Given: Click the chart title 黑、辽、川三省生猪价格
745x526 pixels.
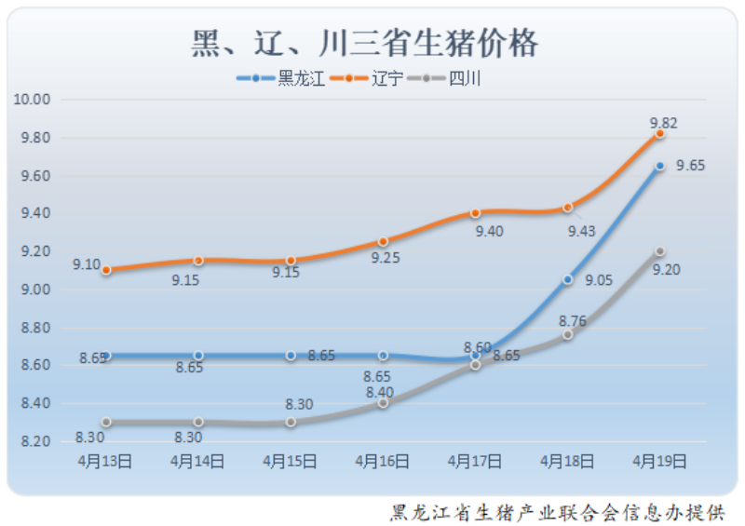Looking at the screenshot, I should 365,42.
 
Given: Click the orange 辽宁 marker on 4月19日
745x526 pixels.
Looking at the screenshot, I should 660,134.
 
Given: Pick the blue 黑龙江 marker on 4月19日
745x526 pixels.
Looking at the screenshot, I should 660,166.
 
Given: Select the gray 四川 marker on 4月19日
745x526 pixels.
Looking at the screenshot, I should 660,251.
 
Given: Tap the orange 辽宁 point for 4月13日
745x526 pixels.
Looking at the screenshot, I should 106,270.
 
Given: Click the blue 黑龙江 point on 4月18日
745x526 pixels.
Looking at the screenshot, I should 567,279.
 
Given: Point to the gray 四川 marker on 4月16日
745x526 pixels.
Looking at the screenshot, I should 383,403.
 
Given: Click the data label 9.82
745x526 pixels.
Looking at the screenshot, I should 663,122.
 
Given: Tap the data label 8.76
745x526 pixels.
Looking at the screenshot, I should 572,321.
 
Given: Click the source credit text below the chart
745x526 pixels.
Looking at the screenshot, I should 556,512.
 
